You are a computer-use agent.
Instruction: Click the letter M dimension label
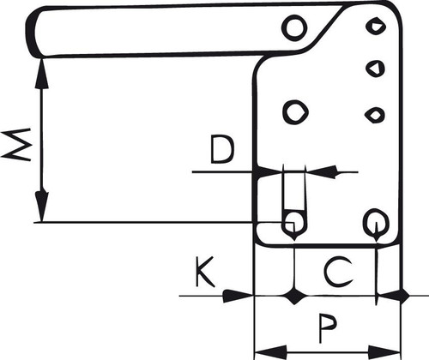tap(16, 145)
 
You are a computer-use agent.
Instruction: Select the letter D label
tap(222, 150)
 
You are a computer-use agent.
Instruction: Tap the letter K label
tap(205, 272)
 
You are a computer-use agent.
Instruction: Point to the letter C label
tap(338, 272)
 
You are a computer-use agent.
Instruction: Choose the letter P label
tap(328, 328)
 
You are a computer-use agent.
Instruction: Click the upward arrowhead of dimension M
tap(42, 73)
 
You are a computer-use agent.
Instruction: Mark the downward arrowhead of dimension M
tap(42, 207)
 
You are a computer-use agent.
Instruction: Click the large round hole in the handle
tap(294, 28)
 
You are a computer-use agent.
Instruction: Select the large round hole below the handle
tap(295, 111)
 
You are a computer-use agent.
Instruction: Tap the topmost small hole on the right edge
tap(376, 26)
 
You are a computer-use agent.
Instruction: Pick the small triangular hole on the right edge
tap(376, 69)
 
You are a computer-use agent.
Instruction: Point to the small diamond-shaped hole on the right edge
tap(375, 115)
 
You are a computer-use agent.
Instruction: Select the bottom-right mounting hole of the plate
tap(376, 222)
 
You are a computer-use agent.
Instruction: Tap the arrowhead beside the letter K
tap(238, 296)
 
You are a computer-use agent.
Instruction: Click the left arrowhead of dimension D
tap(269, 172)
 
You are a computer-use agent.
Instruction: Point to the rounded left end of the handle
tap(32, 32)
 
